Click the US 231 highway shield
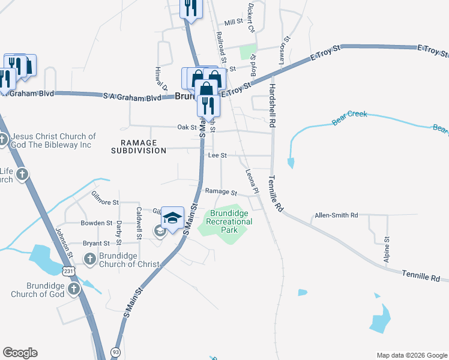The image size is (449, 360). click(70, 272)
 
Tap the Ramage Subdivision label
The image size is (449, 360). click(139, 147)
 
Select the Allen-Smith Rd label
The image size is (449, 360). click(336, 215)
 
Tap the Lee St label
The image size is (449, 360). click(217, 155)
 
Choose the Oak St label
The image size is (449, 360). click(187, 127)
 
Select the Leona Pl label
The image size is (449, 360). click(251, 181)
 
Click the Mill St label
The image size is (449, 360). click(233, 22)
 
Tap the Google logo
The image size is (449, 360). click(20, 353)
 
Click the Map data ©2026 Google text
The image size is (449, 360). click(412, 355)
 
